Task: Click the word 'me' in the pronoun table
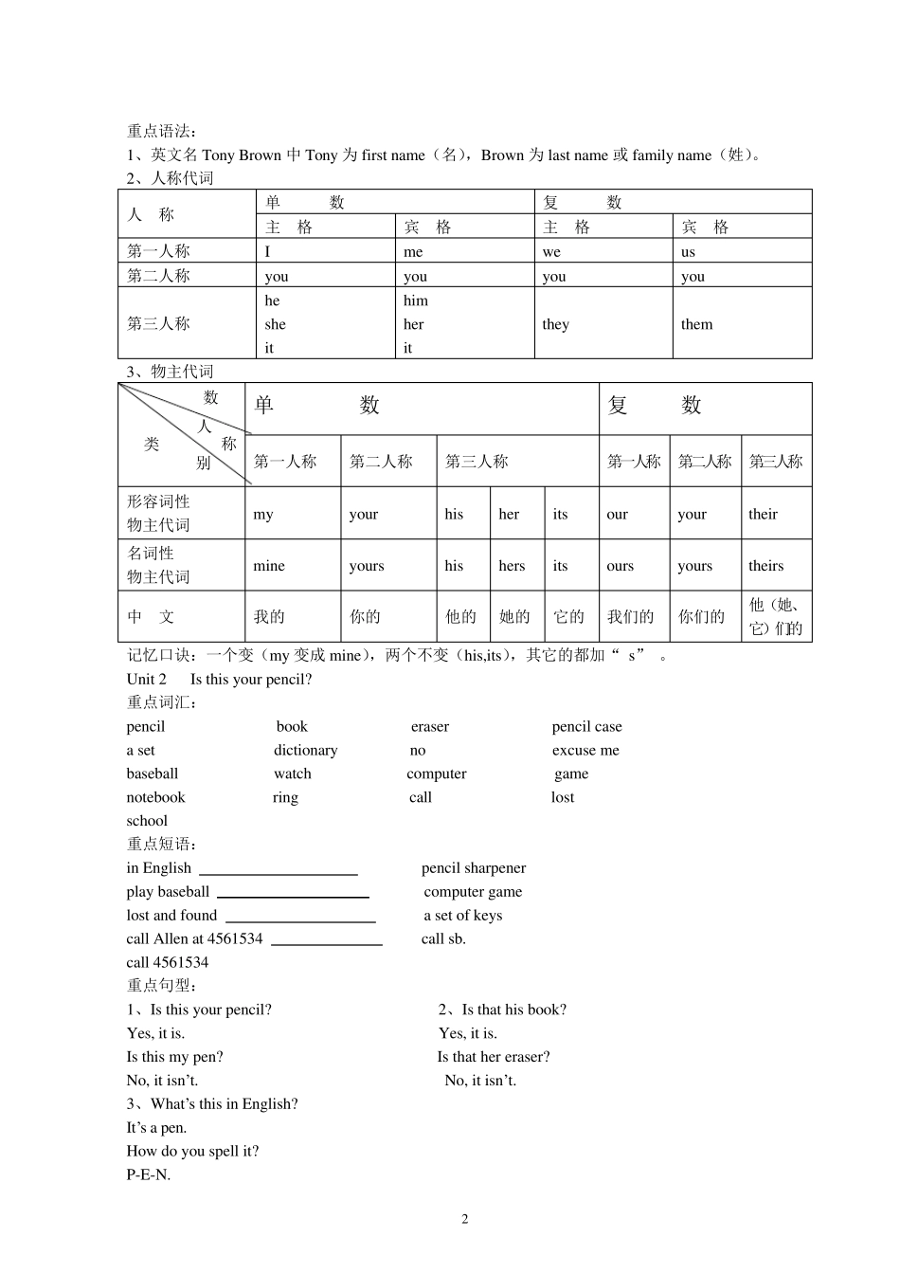pyautogui.click(x=413, y=252)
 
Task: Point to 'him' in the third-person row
pyautogui.click(x=416, y=300)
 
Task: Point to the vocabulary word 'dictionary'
pyautogui.click(x=305, y=750)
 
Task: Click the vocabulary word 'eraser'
pyautogui.click(x=429, y=727)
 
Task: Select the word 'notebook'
pyautogui.click(x=155, y=797)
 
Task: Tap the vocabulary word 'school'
pyautogui.click(x=147, y=821)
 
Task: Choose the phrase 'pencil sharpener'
pyautogui.click(x=474, y=868)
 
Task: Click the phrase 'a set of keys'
pyautogui.click(x=462, y=916)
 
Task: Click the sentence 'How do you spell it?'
pyautogui.click(x=192, y=1152)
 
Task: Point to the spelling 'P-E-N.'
pyautogui.click(x=149, y=1175)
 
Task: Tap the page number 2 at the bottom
pyautogui.click(x=464, y=1219)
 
